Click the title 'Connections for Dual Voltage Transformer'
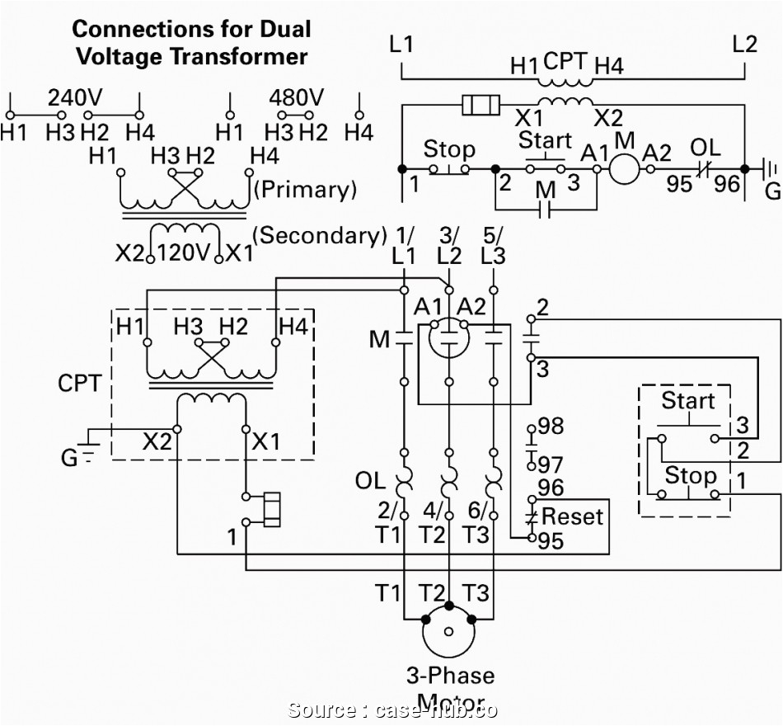191,43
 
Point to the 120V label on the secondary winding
185,252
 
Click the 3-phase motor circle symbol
448,632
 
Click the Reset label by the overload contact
573,517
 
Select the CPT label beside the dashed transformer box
80,384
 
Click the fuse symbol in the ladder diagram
481,105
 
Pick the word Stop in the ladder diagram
448,149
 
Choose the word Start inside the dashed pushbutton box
687,402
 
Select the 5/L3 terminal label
493,245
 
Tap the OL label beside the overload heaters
370,479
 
